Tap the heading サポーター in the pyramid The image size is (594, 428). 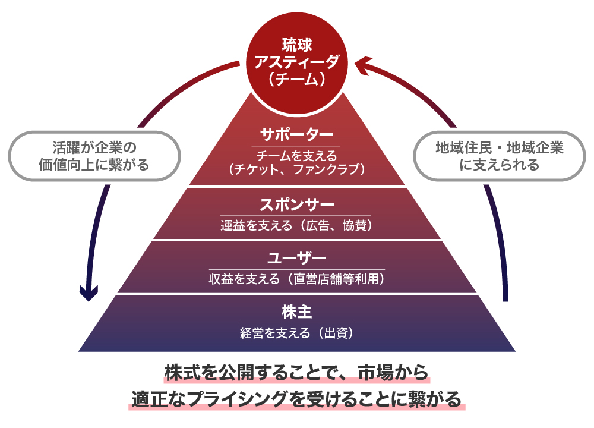point(296,134)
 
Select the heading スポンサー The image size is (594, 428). point(296,205)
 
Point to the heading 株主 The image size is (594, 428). point(296,312)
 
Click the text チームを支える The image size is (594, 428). point(296,156)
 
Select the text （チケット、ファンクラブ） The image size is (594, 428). point(296,169)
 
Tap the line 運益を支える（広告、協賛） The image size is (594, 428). point(296,225)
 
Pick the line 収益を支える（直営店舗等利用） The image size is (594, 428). point(296,279)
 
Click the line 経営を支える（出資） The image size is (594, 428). point(296,332)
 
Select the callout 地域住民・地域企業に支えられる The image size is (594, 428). point(499,156)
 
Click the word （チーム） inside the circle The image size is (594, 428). point(296,79)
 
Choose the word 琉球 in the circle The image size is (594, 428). point(296,45)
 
